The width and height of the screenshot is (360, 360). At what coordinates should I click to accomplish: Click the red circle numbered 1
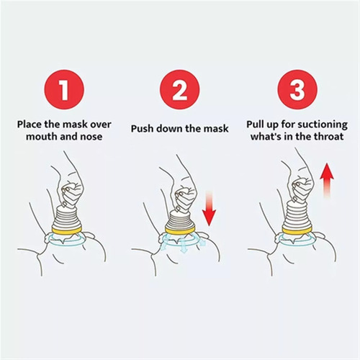pos(64,90)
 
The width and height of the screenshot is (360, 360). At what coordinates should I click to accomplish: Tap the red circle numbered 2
pos(180,90)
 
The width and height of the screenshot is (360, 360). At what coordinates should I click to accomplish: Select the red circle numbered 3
pos(297,90)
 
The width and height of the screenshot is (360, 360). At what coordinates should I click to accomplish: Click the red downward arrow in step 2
pos(209,208)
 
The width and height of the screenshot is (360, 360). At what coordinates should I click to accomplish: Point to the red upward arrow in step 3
pos(327,181)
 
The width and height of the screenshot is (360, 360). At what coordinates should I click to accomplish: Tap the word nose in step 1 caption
pos(91,137)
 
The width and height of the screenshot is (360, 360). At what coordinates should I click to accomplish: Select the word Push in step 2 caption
pos(141,128)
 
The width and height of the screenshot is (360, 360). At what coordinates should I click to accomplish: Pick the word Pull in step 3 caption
pos(256,125)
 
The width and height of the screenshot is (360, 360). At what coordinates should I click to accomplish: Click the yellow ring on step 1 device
pos(67,230)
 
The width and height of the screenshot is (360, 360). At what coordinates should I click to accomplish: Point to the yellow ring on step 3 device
pos(297,230)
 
